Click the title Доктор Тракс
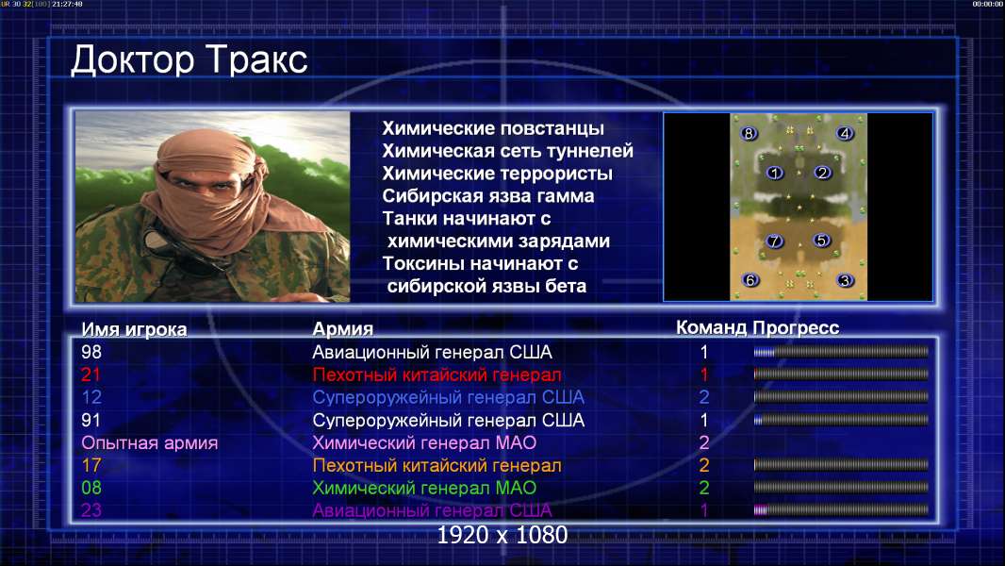pos(189,61)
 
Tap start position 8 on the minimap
pos(749,133)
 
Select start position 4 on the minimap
pos(845,133)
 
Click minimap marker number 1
pos(775,173)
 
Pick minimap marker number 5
pos(822,241)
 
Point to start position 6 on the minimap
pos(750,280)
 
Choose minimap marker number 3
pos(846,280)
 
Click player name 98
pos(91,352)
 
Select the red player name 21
pos(91,375)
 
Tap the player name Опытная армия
pos(149,443)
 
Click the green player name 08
pos(91,488)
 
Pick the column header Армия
pos(343,329)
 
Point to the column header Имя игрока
pos(134,329)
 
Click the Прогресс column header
pos(796,328)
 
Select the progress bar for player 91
pos(841,421)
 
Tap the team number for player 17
pos(703,465)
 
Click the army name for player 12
pos(448,397)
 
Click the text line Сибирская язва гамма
pos(488,196)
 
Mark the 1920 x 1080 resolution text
pos(502,535)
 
